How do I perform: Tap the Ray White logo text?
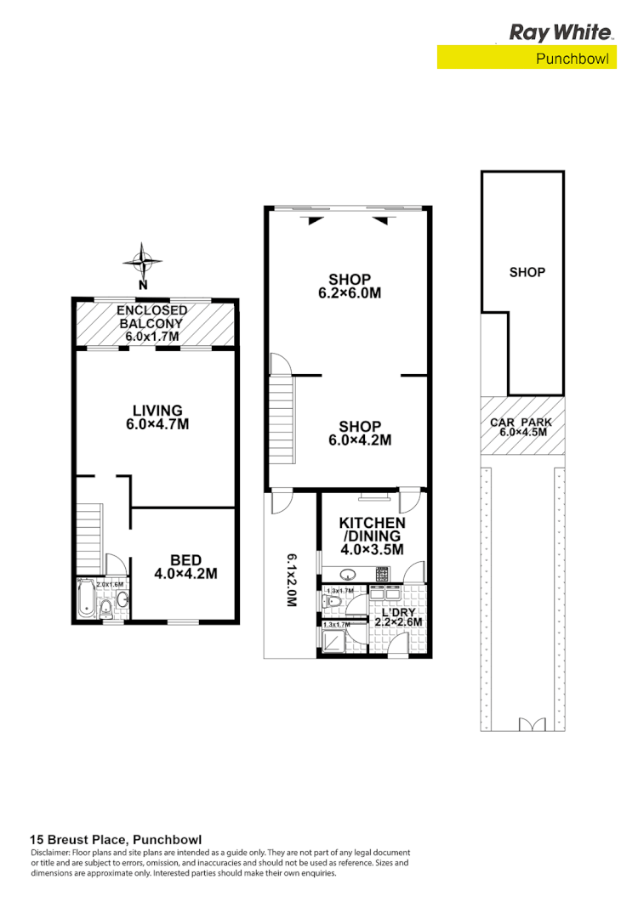pyautogui.click(x=560, y=32)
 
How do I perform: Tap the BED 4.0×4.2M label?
pyautogui.click(x=185, y=566)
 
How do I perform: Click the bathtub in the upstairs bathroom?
pyautogui.click(x=86, y=599)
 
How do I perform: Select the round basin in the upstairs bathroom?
pyautogui.click(x=122, y=600)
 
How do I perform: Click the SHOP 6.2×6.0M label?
pyautogui.click(x=350, y=286)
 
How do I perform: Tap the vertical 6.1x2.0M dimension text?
pyautogui.click(x=291, y=580)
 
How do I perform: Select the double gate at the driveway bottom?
pyautogui.click(x=531, y=724)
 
